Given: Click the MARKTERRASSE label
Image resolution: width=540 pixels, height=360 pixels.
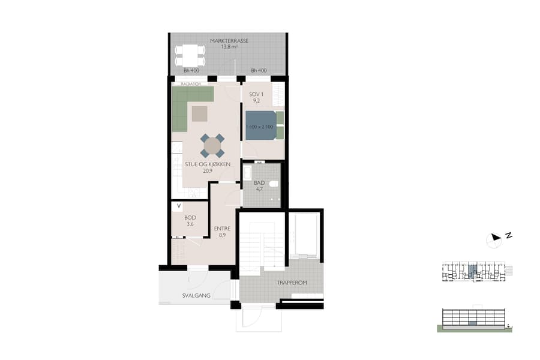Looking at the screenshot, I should (x=229, y=41).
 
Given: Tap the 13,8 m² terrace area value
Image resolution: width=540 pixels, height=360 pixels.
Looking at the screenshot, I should (x=229, y=47).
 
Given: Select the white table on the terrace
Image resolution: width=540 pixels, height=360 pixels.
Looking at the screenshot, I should (x=190, y=56).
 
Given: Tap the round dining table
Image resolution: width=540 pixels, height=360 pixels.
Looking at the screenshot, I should (x=212, y=145).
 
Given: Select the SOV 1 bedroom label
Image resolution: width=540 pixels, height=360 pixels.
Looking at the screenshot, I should (x=256, y=95).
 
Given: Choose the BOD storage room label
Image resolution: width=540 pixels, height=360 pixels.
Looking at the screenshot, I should (x=190, y=218).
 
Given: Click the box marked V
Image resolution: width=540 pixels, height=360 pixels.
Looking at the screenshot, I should (x=178, y=206).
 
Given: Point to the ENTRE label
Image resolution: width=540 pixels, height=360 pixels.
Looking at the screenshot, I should (x=222, y=229).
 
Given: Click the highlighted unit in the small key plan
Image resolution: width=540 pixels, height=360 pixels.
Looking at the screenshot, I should (x=472, y=271).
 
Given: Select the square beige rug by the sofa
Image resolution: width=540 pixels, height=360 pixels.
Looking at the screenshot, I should (x=199, y=113).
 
